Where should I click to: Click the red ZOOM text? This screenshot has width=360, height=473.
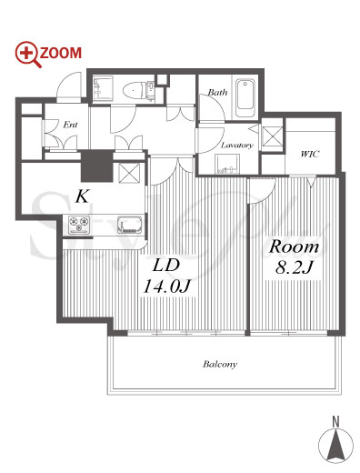coord(61,53)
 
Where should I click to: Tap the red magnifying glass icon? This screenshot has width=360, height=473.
coord(27,54)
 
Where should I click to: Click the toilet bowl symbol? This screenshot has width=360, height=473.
coord(134,90)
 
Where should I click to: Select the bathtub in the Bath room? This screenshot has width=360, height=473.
coord(245,98)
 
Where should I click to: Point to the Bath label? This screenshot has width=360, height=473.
coord(217,92)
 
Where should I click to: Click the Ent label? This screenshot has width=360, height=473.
coord(70,125)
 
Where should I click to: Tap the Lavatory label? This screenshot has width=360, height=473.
coord(237,146)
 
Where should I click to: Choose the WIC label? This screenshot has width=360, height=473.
coord(310,154)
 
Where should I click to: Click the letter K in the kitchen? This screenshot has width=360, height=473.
coord(83,197)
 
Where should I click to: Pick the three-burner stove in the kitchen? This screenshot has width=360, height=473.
coord(79,225)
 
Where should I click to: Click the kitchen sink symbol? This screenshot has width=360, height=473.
coord(130,225)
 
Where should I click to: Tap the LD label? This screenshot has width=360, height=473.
coord(166,266)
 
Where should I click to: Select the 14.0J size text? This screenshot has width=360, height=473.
coord(166,286)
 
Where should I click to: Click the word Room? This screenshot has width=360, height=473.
coord(294,247)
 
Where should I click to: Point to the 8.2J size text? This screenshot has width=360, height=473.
coord(294,267)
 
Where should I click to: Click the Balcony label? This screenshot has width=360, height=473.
coord(220,364)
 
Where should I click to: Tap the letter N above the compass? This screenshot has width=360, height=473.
coord(335,422)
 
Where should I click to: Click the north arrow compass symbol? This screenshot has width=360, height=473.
coord(335,446)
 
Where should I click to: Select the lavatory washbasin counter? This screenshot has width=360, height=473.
coord(227,164)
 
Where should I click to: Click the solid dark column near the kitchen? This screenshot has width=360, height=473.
coord(97,166)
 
